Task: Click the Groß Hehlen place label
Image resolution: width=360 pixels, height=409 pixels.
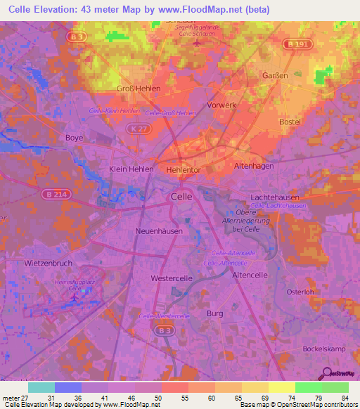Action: coord(139,89)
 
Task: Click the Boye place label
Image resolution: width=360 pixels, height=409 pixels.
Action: coord(74,138)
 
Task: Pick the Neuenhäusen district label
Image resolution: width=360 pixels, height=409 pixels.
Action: coord(160,231)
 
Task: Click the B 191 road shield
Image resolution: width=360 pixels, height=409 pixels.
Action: coord(295,44)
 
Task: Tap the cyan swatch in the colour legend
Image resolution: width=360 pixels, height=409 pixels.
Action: coord(41,387)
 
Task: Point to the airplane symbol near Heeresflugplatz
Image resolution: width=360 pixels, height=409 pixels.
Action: coord(75,299)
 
